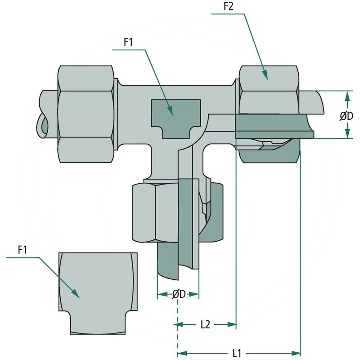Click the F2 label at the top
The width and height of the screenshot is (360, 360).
[x=229, y=8]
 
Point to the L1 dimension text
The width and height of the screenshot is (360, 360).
[x=236, y=352]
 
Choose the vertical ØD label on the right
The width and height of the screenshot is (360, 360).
[x=346, y=116]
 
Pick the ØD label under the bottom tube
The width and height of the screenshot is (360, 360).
[x=179, y=294]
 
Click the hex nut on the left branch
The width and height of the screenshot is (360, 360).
[x=85, y=115]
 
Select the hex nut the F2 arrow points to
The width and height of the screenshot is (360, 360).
[x=269, y=90]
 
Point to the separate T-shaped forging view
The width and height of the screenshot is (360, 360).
[x=97, y=292]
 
